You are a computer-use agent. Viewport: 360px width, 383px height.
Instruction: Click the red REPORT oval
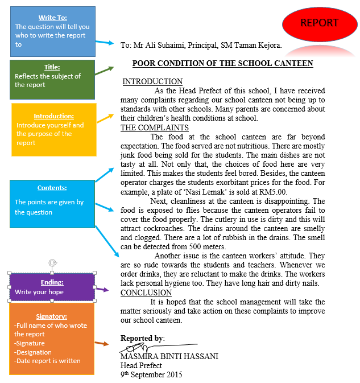pyautogui.click(x=319, y=23)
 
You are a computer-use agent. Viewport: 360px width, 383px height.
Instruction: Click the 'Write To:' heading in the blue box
pyautogui.click(x=52, y=18)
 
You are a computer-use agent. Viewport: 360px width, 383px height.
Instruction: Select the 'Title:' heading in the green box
pyautogui.click(x=52, y=67)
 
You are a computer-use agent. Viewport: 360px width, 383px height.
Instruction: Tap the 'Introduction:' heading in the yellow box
pyautogui.click(x=53, y=116)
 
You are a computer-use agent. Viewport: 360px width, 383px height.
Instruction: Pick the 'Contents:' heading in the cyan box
pyautogui.click(x=52, y=188)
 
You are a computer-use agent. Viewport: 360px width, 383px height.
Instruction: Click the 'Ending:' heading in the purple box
pyautogui.click(x=52, y=282)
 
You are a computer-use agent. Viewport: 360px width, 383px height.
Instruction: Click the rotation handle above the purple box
pyautogui.click(x=52, y=263)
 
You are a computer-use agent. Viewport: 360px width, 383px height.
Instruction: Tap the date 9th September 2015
pyautogui.click(x=151, y=374)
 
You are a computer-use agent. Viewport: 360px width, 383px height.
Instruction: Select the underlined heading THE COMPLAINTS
pyautogui.click(x=154, y=128)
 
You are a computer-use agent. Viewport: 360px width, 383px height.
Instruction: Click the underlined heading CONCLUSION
pyautogui.click(x=146, y=293)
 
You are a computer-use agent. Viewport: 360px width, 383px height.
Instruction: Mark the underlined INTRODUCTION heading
pyautogui.click(x=152, y=82)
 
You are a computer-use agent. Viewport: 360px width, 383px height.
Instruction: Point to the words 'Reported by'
pyautogui.click(x=142, y=338)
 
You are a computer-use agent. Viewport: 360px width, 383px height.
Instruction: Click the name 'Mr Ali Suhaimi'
pyautogui.click(x=158, y=45)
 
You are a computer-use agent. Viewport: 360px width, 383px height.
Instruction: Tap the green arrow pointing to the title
pyautogui.click(x=104, y=71)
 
